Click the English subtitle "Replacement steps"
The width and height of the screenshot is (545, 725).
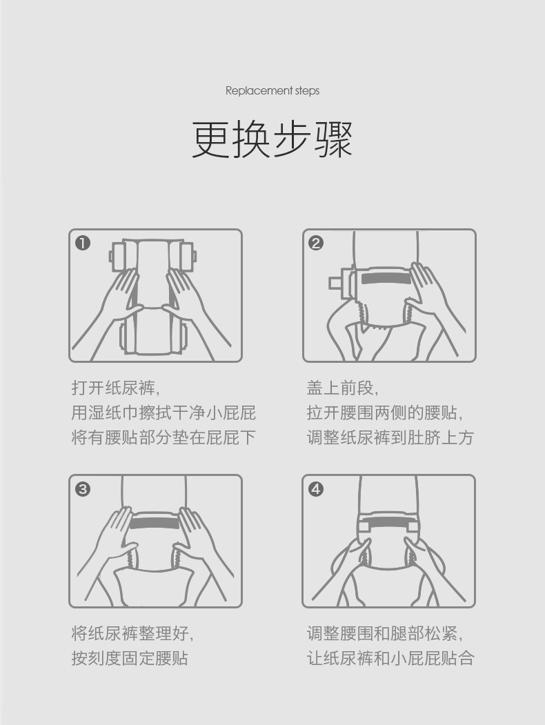tap(272, 90)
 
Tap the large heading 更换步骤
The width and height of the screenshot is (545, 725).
tap(272, 139)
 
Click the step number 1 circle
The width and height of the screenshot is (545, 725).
tap(83, 243)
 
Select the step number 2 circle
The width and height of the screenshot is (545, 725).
tap(316, 243)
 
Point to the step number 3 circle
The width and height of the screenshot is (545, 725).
tap(83, 488)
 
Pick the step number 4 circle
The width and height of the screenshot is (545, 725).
tap(316, 488)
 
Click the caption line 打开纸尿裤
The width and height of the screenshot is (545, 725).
tap(116, 388)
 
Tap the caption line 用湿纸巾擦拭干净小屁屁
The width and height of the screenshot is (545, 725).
tap(163, 413)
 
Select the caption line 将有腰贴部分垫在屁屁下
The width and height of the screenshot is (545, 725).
tap(163, 437)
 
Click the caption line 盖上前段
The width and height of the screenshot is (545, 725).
tap(343, 388)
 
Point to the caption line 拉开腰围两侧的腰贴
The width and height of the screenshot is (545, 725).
tap(384, 413)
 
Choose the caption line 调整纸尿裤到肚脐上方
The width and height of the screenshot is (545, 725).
tap(390, 437)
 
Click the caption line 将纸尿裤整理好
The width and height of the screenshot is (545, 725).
tap(132, 633)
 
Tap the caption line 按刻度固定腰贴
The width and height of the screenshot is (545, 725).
tap(130, 658)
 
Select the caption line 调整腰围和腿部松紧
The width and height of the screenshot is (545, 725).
tap(384, 633)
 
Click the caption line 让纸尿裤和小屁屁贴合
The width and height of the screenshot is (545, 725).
tap(390, 658)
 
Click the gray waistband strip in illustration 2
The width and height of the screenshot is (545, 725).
tap(386, 279)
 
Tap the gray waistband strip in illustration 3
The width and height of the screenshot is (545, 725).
tap(155, 523)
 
